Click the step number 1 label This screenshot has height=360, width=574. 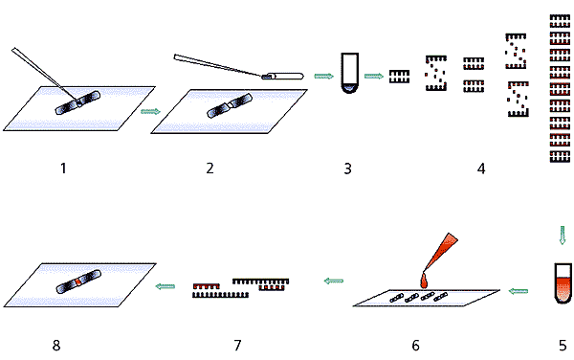(x=63, y=169)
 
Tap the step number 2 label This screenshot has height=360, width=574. (x=210, y=169)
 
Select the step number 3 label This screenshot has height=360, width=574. (x=348, y=169)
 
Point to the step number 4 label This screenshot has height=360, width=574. (x=481, y=169)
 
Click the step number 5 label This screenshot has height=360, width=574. (x=563, y=346)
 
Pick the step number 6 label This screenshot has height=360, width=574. (x=415, y=346)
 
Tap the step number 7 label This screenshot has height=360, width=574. (x=237, y=346)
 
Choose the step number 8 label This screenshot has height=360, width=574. (x=56, y=346)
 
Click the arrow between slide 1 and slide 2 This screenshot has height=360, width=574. (x=150, y=111)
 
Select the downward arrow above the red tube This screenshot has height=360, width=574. (x=563, y=236)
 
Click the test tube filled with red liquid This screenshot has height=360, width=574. (x=563, y=283)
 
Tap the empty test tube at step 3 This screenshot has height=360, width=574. (x=349, y=74)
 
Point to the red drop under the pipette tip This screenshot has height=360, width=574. (x=424, y=281)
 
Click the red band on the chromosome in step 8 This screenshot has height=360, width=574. (x=78, y=282)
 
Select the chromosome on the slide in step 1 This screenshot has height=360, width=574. (x=77, y=102)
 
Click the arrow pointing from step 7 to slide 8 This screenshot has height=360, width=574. (x=166, y=286)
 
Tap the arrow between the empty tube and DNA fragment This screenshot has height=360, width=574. (x=374, y=76)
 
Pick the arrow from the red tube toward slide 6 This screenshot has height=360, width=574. (x=519, y=291)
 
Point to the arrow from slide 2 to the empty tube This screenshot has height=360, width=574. (x=324, y=76)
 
